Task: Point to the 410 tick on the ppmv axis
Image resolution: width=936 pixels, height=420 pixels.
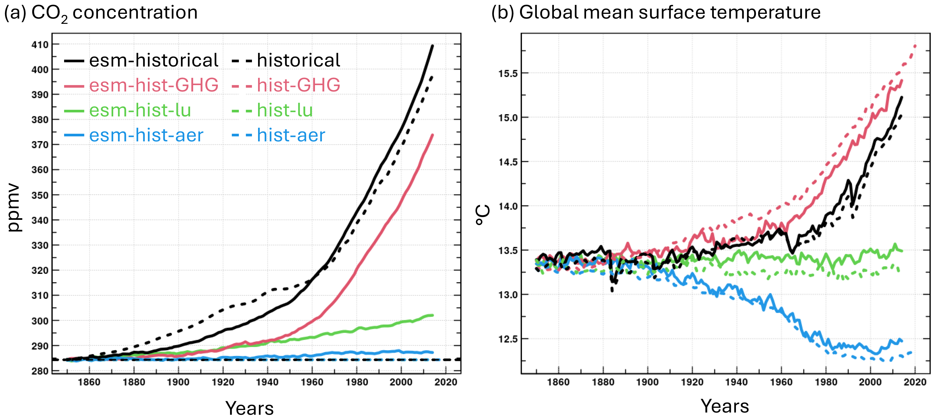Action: click(40, 45)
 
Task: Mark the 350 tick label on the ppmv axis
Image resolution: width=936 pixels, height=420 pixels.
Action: click(40, 195)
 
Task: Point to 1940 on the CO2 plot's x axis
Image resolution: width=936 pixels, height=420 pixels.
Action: click(268, 382)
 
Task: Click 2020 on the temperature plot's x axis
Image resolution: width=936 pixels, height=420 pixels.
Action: click(915, 382)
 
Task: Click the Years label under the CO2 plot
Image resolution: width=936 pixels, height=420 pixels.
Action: click(249, 408)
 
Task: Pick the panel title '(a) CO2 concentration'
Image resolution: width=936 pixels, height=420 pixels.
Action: click(101, 13)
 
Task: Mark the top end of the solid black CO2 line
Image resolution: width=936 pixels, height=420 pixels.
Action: click(432, 45)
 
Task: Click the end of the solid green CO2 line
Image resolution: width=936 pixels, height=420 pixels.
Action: click(432, 315)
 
